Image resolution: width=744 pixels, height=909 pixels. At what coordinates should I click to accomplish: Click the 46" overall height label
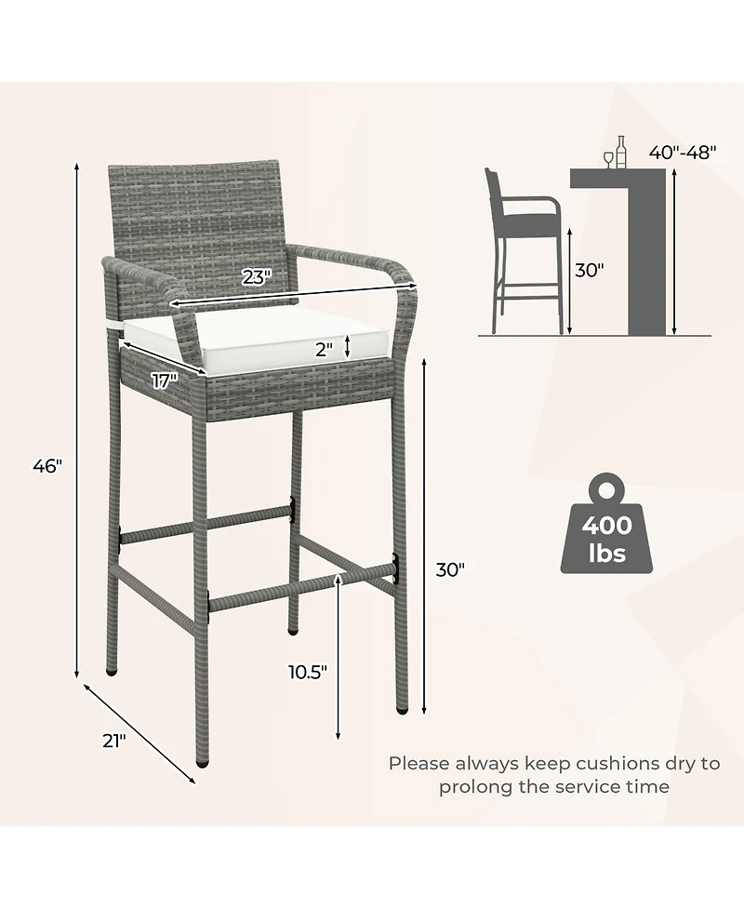pyautogui.click(x=47, y=465)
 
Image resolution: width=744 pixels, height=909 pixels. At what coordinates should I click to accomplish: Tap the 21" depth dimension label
pyautogui.click(x=114, y=741)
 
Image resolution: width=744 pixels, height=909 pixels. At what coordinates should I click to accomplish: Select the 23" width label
pyautogui.click(x=257, y=277)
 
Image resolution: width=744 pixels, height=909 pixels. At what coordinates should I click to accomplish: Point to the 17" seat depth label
pyautogui.click(x=165, y=381)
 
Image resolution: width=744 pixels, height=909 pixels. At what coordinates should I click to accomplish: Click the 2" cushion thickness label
pyautogui.click(x=325, y=350)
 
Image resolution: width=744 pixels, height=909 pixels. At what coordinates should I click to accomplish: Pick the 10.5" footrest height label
pyautogui.click(x=308, y=672)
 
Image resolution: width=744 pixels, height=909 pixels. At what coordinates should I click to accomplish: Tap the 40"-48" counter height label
pyautogui.click(x=683, y=152)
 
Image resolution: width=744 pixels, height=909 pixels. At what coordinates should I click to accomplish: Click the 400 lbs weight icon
pyautogui.click(x=606, y=524)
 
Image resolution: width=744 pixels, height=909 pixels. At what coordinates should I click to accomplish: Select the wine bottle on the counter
pyautogui.click(x=621, y=153)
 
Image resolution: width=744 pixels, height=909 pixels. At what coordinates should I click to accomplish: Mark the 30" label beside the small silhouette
pyautogui.click(x=590, y=270)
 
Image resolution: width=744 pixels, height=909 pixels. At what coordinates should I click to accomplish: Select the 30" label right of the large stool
pyautogui.click(x=450, y=569)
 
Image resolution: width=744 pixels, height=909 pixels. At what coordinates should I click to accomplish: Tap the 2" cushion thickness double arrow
pyautogui.click(x=347, y=346)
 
